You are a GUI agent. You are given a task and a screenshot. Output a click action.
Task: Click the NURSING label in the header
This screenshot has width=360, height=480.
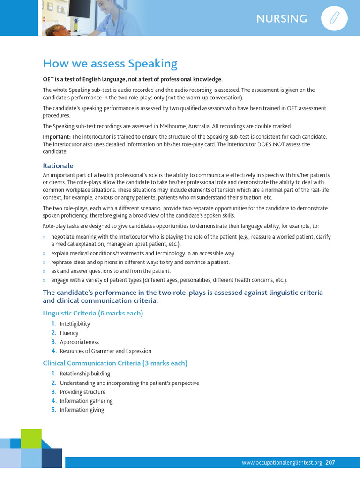[282, 19]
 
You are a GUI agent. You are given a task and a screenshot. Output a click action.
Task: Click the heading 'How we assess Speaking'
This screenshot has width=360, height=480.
[110, 63]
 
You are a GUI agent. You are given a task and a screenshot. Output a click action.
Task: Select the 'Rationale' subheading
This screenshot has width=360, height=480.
[58, 166]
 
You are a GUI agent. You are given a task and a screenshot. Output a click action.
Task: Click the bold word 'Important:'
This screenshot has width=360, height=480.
[56, 136]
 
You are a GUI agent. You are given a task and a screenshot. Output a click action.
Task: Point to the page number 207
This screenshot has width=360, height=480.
[330, 463]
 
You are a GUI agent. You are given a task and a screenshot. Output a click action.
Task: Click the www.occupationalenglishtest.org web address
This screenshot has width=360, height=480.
[282, 463]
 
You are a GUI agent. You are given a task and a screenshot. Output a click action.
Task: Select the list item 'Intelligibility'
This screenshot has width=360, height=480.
[75, 324]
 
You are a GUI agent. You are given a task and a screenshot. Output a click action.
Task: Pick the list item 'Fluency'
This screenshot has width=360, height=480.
[69, 333]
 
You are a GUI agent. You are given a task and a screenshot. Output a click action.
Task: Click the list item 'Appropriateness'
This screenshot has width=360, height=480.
[79, 342]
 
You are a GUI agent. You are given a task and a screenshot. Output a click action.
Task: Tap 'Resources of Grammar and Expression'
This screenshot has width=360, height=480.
[105, 351]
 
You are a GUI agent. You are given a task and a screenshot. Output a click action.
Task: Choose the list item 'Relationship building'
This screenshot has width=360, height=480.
[85, 374]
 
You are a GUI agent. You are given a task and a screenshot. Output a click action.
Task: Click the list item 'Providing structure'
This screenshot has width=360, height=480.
[82, 392]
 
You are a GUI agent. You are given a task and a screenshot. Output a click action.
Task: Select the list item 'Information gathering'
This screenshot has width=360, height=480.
[86, 401]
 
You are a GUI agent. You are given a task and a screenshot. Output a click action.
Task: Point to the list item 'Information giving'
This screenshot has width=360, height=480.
[82, 410]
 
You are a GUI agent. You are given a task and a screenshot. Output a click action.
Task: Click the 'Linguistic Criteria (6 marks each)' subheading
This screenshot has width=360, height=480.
[93, 313]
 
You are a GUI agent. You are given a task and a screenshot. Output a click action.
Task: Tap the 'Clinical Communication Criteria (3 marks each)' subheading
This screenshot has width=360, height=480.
[115, 363]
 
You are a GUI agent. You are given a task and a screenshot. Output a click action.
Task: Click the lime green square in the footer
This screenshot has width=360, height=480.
[31, 438]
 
